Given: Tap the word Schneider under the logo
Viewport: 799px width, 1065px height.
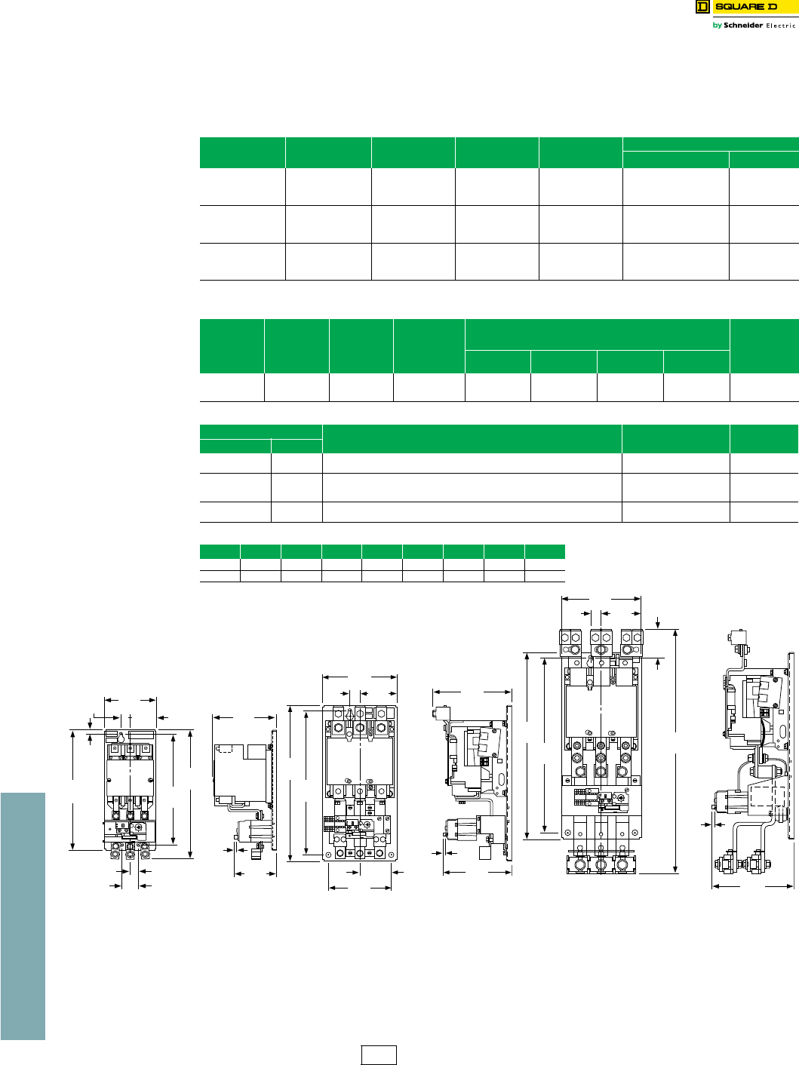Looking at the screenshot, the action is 743,26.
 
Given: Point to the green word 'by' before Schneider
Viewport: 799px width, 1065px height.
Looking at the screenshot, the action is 717,26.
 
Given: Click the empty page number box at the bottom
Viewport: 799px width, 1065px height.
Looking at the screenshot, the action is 379,1054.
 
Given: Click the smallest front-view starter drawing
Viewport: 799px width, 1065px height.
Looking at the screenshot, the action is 130,792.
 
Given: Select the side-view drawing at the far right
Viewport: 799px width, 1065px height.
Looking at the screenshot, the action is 754,762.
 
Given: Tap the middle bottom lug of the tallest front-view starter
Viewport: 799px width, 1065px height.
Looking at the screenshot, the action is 601,861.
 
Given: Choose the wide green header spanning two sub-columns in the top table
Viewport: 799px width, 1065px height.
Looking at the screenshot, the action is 711,144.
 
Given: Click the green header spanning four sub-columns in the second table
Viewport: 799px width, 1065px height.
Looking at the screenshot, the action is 597,334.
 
